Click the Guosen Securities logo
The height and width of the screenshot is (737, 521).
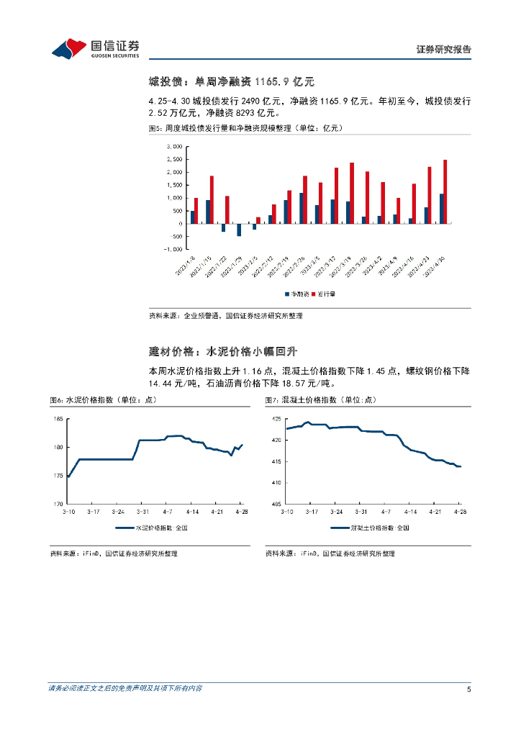click(x=95, y=49)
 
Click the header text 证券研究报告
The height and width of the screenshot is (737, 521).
click(x=444, y=50)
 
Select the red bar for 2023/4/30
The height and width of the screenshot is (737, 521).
click(x=445, y=191)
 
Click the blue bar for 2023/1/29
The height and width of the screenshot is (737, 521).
click(x=239, y=230)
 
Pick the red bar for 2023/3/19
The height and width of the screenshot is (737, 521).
click(x=351, y=193)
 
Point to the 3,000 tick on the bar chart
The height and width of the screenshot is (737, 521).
click(x=174, y=146)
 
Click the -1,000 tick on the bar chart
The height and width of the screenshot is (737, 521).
click(x=173, y=249)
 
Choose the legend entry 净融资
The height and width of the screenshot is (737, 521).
click(x=297, y=294)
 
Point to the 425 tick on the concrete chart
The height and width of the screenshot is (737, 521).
click(x=276, y=419)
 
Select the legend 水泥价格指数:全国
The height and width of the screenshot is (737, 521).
click(x=154, y=528)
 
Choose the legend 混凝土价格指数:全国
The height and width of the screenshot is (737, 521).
click(x=370, y=528)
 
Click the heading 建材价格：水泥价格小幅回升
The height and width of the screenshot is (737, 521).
click(x=222, y=351)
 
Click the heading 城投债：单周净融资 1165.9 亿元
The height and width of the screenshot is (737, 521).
click(x=232, y=82)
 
